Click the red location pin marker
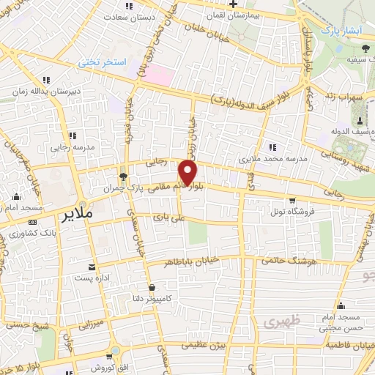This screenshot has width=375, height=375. point(188,174)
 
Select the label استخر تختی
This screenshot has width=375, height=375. point(104,64)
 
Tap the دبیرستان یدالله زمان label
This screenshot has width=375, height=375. point(44,92)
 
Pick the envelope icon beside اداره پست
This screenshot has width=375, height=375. point(92,267)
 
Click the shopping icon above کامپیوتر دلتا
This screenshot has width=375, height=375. point(152,287)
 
